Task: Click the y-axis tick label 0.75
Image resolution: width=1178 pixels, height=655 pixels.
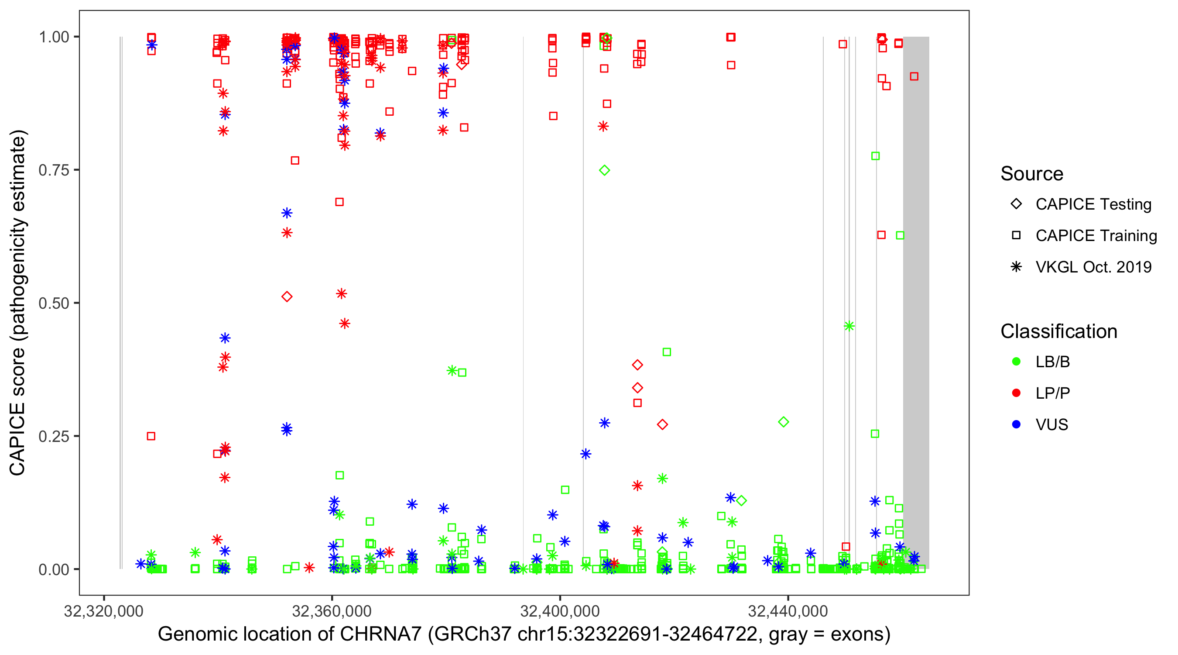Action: point(53,170)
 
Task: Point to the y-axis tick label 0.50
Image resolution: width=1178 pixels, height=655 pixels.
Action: point(53,303)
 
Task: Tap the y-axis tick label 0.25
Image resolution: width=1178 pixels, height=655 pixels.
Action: point(53,436)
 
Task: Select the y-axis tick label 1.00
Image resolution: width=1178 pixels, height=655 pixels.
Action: point(53,37)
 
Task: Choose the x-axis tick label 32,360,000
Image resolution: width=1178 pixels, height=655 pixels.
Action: point(332,611)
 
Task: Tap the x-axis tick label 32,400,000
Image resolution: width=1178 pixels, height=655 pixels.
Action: point(560,611)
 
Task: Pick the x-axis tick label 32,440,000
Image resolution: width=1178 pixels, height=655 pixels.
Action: point(788,611)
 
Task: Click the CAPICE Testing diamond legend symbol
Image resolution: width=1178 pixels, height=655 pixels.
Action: point(1016,204)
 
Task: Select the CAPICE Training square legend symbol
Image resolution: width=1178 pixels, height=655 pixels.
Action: point(1016,236)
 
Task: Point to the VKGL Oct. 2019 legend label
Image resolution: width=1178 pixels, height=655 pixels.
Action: point(1093,267)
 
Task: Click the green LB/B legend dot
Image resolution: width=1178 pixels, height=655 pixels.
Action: point(1016,362)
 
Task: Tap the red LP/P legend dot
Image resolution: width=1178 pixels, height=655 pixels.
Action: point(1016,393)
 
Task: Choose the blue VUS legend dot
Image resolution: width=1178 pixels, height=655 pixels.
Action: point(1016,425)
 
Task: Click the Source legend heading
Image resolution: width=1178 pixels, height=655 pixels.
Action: point(1032,174)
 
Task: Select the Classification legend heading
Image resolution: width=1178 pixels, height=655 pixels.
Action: point(1058,331)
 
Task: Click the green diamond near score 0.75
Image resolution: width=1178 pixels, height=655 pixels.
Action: point(605,170)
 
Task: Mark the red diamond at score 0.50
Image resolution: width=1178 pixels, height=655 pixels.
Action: point(287,296)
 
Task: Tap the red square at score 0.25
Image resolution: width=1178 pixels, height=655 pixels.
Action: point(151,436)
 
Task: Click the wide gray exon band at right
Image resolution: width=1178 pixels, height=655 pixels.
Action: point(916,302)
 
